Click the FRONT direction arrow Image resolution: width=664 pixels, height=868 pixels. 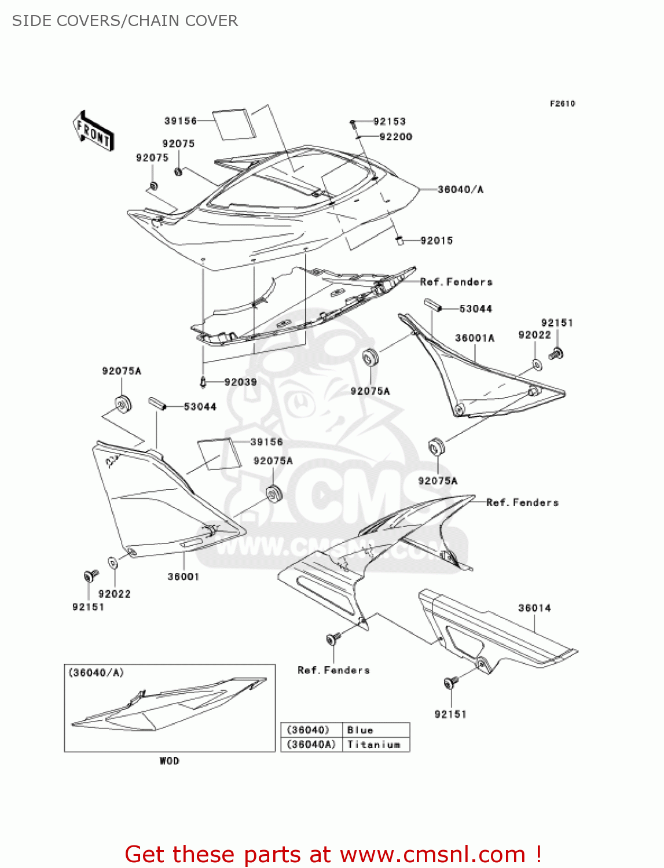coord(93,131)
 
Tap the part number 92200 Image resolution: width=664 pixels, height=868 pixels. coord(395,137)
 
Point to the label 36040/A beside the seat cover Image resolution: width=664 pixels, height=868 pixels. coord(460,190)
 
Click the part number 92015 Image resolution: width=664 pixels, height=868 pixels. coord(436,241)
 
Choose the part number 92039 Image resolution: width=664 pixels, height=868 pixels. coord(240,382)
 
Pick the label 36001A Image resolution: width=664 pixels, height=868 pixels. coord(475,339)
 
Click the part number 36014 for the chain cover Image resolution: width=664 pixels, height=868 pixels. coord(534,608)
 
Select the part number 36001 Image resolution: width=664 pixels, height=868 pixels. coord(183,577)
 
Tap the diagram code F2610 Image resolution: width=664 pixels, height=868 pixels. coord(562,104)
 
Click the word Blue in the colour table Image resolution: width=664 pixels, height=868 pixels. coord(360,730)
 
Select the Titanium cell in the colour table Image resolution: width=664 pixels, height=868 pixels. coord(374,745)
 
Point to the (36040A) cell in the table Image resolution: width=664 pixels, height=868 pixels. coord(311,745)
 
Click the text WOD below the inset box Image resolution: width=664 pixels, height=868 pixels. coord(170,761)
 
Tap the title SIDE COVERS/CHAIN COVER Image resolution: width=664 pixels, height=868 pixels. coord(125,21)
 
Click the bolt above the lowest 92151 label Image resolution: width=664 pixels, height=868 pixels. coord(450,683)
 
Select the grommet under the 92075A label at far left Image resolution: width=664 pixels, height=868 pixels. coord(122,403)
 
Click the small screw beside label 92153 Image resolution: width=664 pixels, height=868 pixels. coord(352,123)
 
